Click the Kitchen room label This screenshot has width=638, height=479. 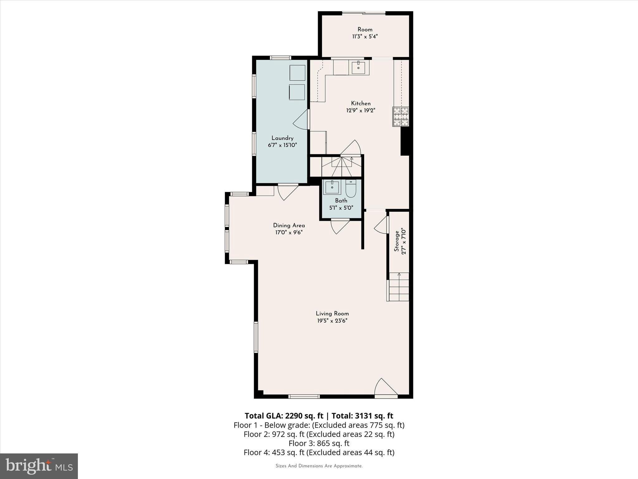click(361, 104)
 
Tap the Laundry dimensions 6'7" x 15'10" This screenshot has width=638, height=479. click(282, 145)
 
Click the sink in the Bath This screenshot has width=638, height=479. click(332, 187)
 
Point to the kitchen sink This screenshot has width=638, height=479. click(358, 68)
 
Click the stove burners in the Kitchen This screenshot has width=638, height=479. click(401, 117)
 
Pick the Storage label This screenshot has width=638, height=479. click(397, 241)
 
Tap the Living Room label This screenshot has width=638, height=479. click(332, 314)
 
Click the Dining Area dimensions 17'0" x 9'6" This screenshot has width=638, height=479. click(289, 232)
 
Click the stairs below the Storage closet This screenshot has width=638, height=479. click(398, 287)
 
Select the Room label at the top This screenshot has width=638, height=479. click(365, 30)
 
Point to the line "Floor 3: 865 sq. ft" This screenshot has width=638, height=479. click(319, 443)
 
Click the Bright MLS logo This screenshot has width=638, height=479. click(39, 466)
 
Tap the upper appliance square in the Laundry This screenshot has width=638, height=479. click(297, 73)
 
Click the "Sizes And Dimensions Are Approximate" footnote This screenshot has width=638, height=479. click(319, 466)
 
